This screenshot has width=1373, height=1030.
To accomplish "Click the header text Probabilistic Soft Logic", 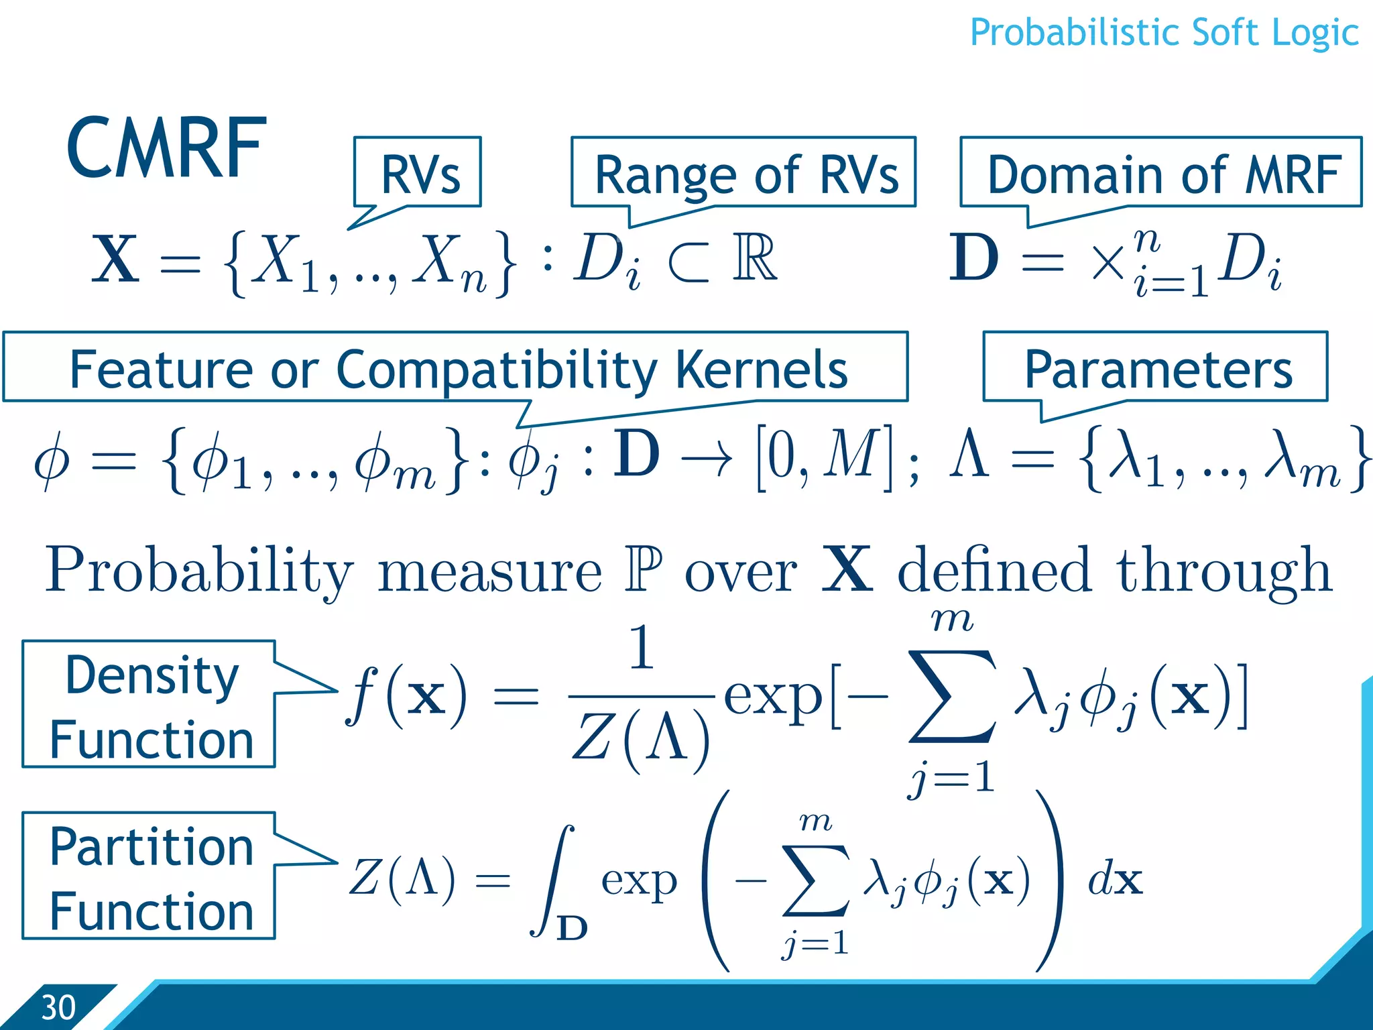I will [1164, 32].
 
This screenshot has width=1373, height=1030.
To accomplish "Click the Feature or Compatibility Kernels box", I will [456, 367].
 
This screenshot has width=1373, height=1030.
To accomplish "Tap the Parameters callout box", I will [1156, 367].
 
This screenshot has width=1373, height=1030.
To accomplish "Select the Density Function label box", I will [149, 704].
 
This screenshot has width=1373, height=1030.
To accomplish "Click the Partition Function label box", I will [149, 876].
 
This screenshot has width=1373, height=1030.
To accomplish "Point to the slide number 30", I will [58, 1007].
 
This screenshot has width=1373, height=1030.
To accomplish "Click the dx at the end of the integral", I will [1114, 880].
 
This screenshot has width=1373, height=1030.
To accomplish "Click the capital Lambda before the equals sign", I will [969, 455].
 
